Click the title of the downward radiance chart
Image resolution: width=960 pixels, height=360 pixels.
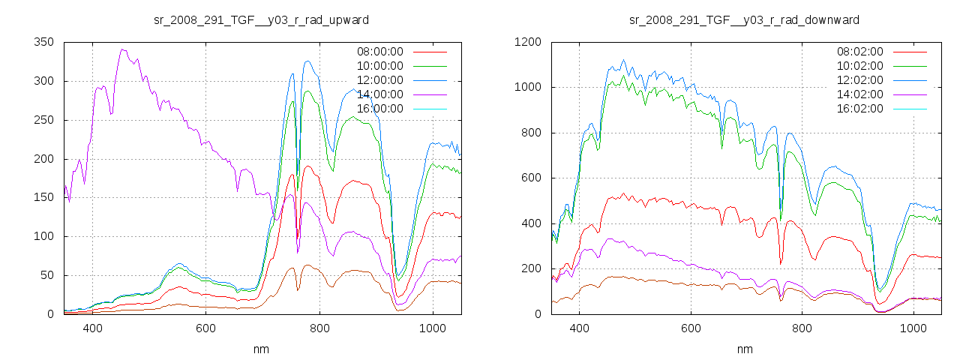point(744,19)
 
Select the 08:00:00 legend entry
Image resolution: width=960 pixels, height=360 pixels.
point(379,52)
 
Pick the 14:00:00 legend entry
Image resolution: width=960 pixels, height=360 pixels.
point(379,94)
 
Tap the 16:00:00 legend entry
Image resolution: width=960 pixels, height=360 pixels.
point(379,109)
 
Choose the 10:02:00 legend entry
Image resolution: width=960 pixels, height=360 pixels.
point(859,66)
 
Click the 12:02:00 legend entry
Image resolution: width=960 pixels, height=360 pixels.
point(859,80)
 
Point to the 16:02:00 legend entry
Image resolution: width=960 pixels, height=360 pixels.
point(859,109)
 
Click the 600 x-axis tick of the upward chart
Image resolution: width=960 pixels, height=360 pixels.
point(206,328)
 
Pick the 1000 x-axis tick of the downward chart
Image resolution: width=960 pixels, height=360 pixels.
point(913,328)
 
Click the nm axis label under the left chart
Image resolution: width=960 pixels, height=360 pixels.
point(261,349)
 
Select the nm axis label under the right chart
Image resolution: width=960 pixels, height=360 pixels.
point(744,349)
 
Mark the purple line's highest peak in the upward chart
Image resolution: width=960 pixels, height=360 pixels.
point(121,49)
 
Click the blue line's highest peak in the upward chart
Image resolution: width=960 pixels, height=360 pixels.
point(307,61)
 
